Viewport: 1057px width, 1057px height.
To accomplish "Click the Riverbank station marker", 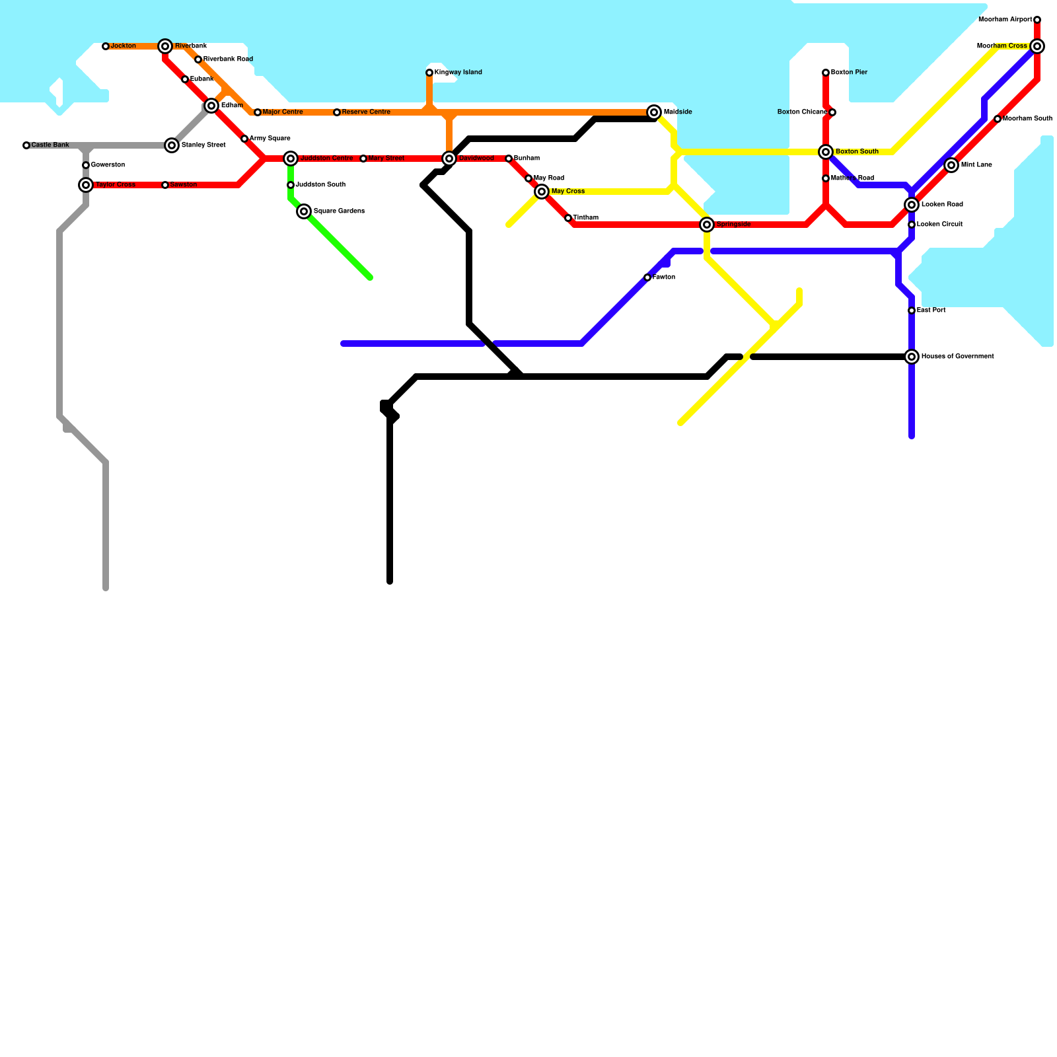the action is point(165,46).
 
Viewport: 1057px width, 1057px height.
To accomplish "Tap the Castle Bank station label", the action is point(50,145).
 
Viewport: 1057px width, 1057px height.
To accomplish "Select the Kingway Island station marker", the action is point(429,73).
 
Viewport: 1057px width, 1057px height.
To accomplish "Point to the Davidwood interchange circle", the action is point(449,159).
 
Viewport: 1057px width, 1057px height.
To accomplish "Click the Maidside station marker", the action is point(654,112).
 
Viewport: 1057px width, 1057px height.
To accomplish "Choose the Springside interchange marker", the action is point(707,225).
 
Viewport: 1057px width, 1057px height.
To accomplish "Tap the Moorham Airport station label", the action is point(1005,20).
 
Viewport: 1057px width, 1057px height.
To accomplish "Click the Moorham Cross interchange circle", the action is point(1037,46).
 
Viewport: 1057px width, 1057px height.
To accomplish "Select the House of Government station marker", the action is point(912,357).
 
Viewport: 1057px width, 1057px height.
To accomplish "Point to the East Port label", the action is point(931,310).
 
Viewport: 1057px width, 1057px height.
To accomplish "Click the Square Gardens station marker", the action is point(304,211).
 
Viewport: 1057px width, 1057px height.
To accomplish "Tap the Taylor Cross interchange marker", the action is point(86,185).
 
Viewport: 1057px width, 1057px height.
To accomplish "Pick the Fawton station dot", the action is point(647,277).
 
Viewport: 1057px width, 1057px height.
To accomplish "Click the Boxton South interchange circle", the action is point(826,152).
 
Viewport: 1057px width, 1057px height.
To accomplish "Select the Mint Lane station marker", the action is point(951,165).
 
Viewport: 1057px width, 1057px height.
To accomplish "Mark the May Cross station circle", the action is point(542,192).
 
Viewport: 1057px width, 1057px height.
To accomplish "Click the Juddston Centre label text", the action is point(326,159).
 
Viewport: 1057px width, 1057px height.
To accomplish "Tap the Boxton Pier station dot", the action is point(826,73).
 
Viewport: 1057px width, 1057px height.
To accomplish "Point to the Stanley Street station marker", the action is point(172,145).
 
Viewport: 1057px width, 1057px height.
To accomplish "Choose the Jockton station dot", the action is point(106,46).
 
